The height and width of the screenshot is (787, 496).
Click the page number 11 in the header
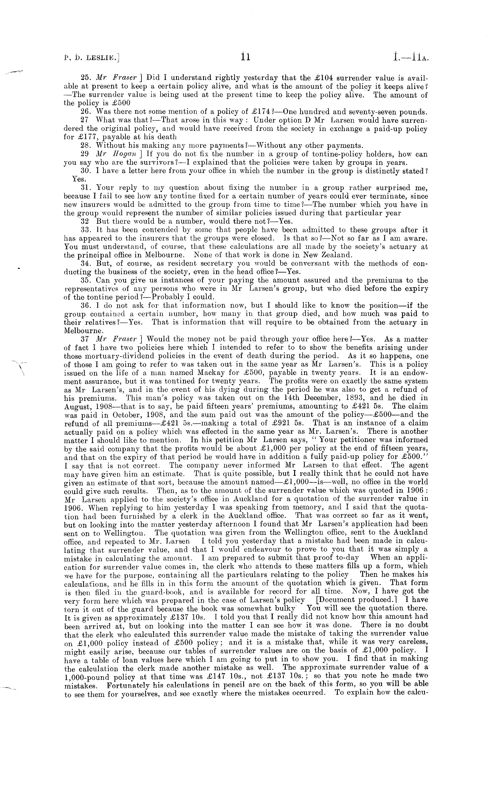(245, 58)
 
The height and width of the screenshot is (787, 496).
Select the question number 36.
(85, 306)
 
